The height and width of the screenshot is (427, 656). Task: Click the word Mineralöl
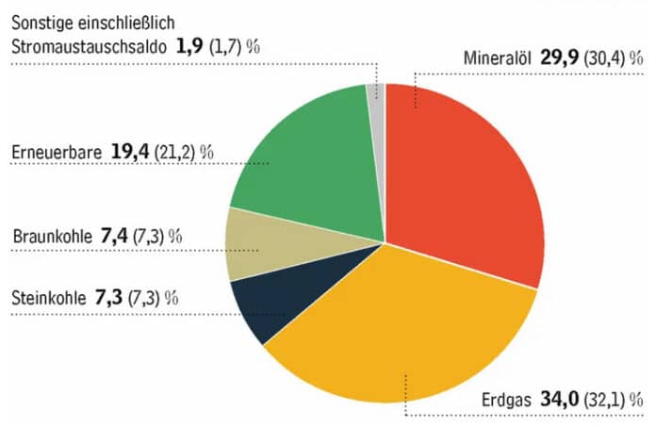pos(499,57)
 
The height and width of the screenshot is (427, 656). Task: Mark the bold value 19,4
pos(132,152)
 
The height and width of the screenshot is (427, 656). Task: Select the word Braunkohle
pos(53,235)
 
